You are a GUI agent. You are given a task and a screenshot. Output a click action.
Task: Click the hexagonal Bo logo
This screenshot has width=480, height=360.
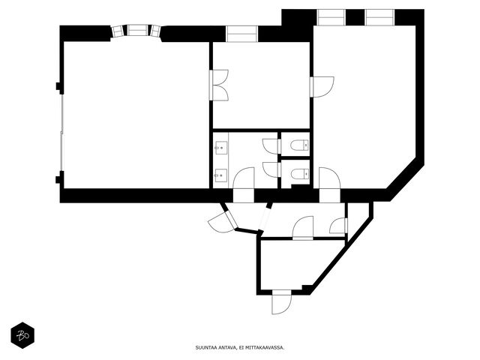click(22, 335)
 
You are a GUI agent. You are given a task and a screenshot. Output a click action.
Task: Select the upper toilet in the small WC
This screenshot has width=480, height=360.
click(300, 145)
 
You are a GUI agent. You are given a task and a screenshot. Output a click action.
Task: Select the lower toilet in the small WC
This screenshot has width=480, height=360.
click(300, 174)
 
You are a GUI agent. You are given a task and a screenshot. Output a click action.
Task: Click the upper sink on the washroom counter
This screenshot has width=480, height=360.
click(220, 148)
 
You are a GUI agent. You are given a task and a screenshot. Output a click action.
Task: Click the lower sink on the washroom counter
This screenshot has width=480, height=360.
click(220, 175)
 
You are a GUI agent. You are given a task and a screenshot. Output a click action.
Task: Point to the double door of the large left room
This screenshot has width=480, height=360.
click(219, 85)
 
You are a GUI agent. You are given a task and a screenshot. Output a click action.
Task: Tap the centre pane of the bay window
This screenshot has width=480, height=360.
click(137, 31)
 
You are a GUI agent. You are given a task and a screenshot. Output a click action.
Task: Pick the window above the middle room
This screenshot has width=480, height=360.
click(241, 34)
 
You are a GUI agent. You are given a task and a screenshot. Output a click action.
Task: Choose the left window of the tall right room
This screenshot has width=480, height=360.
click(331, 17)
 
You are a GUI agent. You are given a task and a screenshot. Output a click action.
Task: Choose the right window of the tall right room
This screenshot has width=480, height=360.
click(379, 17)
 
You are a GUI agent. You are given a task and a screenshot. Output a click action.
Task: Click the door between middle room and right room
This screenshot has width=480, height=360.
click(322, 87)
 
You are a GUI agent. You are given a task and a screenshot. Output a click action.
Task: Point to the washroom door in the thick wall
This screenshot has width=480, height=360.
click(244, 184)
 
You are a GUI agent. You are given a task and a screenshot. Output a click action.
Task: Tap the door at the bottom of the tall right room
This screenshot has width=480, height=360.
click(330, 184)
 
